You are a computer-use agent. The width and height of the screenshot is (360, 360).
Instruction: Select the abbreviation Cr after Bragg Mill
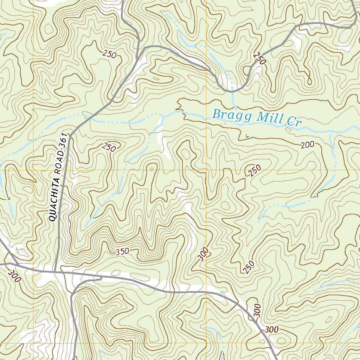[x=293, y=122]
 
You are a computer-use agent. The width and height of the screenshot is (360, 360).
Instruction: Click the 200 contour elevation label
[x=307, y=144]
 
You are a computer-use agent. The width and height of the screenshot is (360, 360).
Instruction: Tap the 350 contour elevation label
[x=122, y=251]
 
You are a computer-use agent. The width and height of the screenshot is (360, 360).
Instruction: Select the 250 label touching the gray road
[x=259, y=58]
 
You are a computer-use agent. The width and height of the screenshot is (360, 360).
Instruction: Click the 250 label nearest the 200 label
[x=255, y=171]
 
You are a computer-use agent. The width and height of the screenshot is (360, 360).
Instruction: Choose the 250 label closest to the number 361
[x=109, y=147]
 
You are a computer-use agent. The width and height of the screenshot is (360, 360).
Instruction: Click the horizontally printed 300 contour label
[x=272, y=330]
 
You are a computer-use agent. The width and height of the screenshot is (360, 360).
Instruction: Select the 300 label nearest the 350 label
[x=203, y=254]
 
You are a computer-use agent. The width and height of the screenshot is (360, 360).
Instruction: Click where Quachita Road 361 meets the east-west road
[x=55, y=272]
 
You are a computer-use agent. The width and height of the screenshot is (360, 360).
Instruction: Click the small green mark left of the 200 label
[x=246, y=135]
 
